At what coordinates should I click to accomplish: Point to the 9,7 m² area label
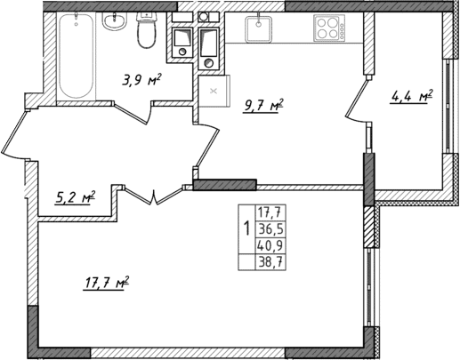[263, 107]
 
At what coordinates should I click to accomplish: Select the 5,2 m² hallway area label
[76, 196]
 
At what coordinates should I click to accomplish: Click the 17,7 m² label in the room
[107, 284]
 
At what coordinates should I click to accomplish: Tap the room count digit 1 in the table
[246, 228]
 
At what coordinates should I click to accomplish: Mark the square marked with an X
[214, 92]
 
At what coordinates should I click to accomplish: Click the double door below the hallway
[156, 196]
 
